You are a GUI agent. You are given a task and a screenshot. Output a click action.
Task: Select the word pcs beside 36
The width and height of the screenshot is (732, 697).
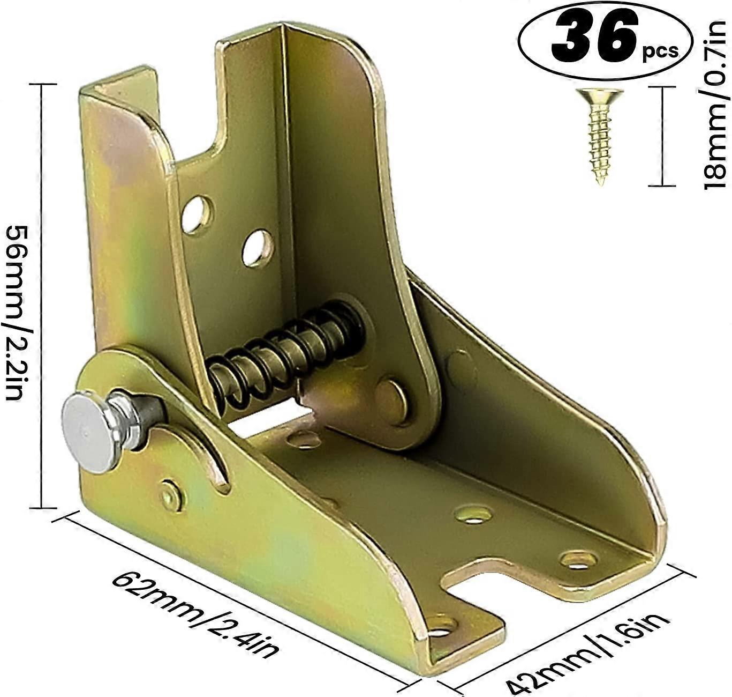pos(660,52)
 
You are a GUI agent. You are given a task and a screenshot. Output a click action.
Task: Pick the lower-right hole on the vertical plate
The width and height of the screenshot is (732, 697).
pos(258,248)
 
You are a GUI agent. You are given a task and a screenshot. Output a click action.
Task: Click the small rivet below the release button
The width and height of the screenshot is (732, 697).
pos(171,496)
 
